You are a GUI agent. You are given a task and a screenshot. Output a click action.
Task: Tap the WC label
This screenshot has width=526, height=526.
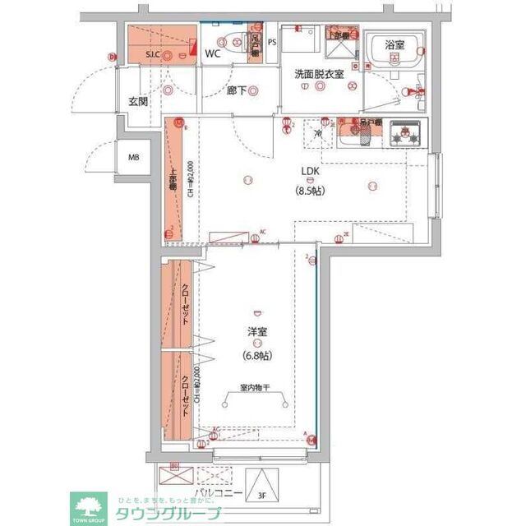(x=213, y=53)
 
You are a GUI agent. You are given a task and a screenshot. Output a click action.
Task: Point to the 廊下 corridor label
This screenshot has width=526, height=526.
(x=236, y=90)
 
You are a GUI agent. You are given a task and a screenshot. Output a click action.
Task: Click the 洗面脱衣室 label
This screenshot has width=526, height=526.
(x=321, y=73)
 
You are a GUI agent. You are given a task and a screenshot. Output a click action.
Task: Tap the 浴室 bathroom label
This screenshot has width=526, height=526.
(x=394, y=45)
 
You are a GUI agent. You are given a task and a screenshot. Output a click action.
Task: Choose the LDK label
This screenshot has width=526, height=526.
(x=310, y=171)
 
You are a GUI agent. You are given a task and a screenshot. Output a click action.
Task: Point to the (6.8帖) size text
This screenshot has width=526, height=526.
(x=256, y=355)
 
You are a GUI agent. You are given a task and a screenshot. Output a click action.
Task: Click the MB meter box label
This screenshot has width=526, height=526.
(x=132, y=158)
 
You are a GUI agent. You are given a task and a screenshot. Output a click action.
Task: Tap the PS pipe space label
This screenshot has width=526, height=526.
(x=272, y=40)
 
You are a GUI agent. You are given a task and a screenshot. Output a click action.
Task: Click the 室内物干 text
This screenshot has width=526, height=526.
(x=256, y=386)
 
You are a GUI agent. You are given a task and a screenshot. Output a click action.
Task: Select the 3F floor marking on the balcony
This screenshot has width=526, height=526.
(x=262, y=496)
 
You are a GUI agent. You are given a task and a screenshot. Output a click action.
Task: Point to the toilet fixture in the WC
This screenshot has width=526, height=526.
(x=236, y=48)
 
